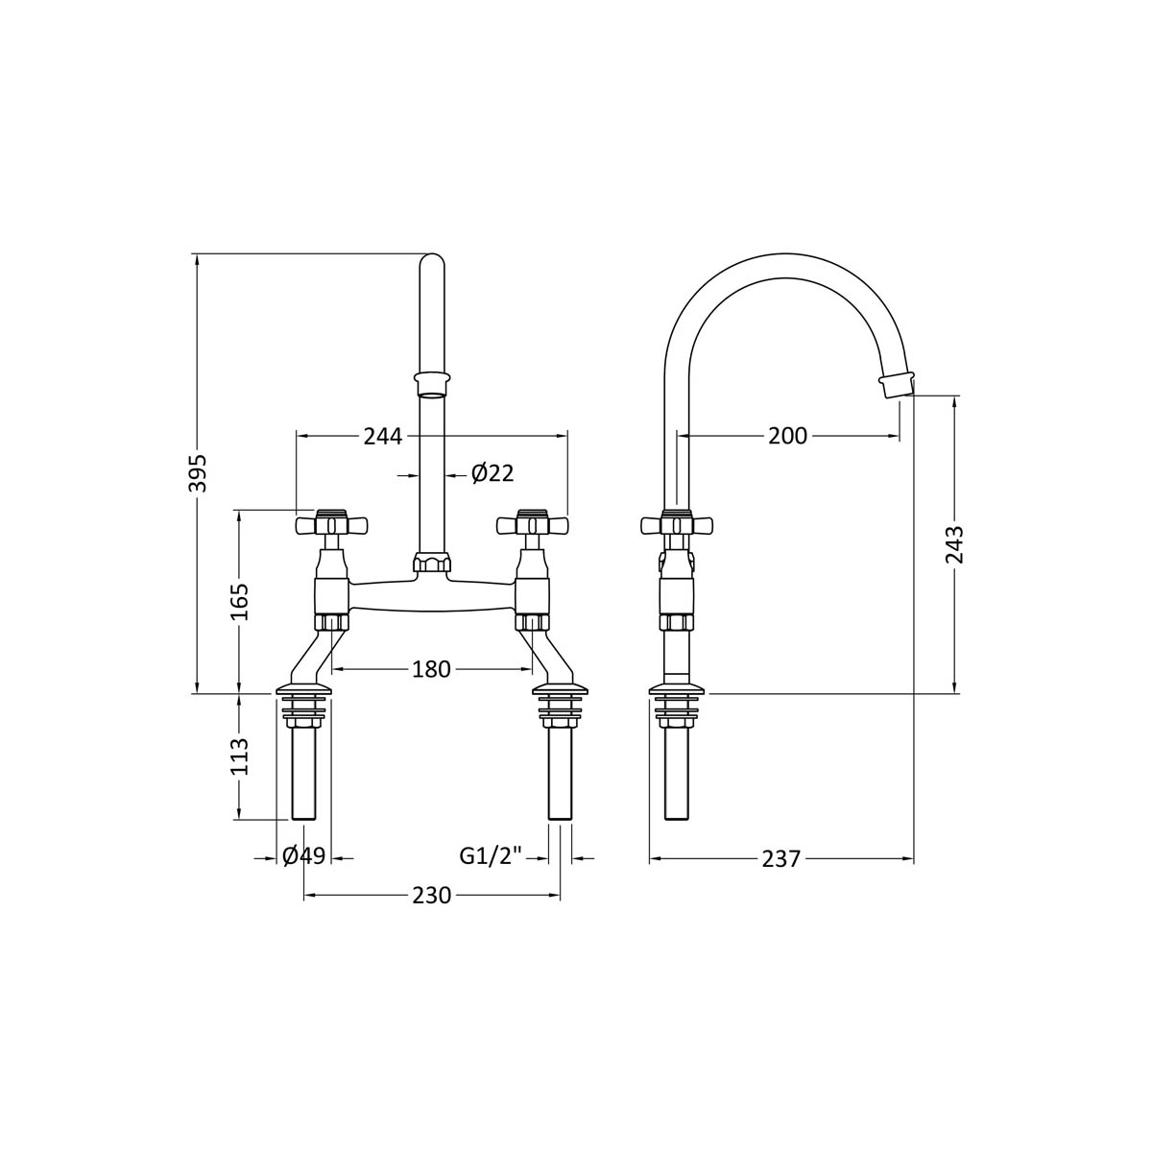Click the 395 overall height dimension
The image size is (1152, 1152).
pos(197,471)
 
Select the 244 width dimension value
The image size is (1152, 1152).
pos(382,436)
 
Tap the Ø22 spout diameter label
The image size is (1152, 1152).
pos(492,473)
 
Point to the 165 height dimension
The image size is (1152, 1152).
pos(240,601)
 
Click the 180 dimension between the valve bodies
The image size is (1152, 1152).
pos(431,669)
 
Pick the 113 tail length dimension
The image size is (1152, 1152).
pos(240,756)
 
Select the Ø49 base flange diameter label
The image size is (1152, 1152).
pos(304,856)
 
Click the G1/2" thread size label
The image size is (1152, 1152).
pos(490,856)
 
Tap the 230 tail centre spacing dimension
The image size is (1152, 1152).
pos(431,895)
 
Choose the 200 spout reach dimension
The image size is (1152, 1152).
pos(787,436)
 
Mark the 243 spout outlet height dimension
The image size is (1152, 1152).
pos(954,544)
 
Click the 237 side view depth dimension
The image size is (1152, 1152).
pos(780,859)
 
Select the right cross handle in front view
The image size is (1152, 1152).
pos(532,524)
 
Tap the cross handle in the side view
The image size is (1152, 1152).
pos(679,524)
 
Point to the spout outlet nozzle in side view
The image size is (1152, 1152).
pos(896,385)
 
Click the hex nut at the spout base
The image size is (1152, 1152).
pos(432,563)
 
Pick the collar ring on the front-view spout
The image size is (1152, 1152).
pos(432,382)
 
